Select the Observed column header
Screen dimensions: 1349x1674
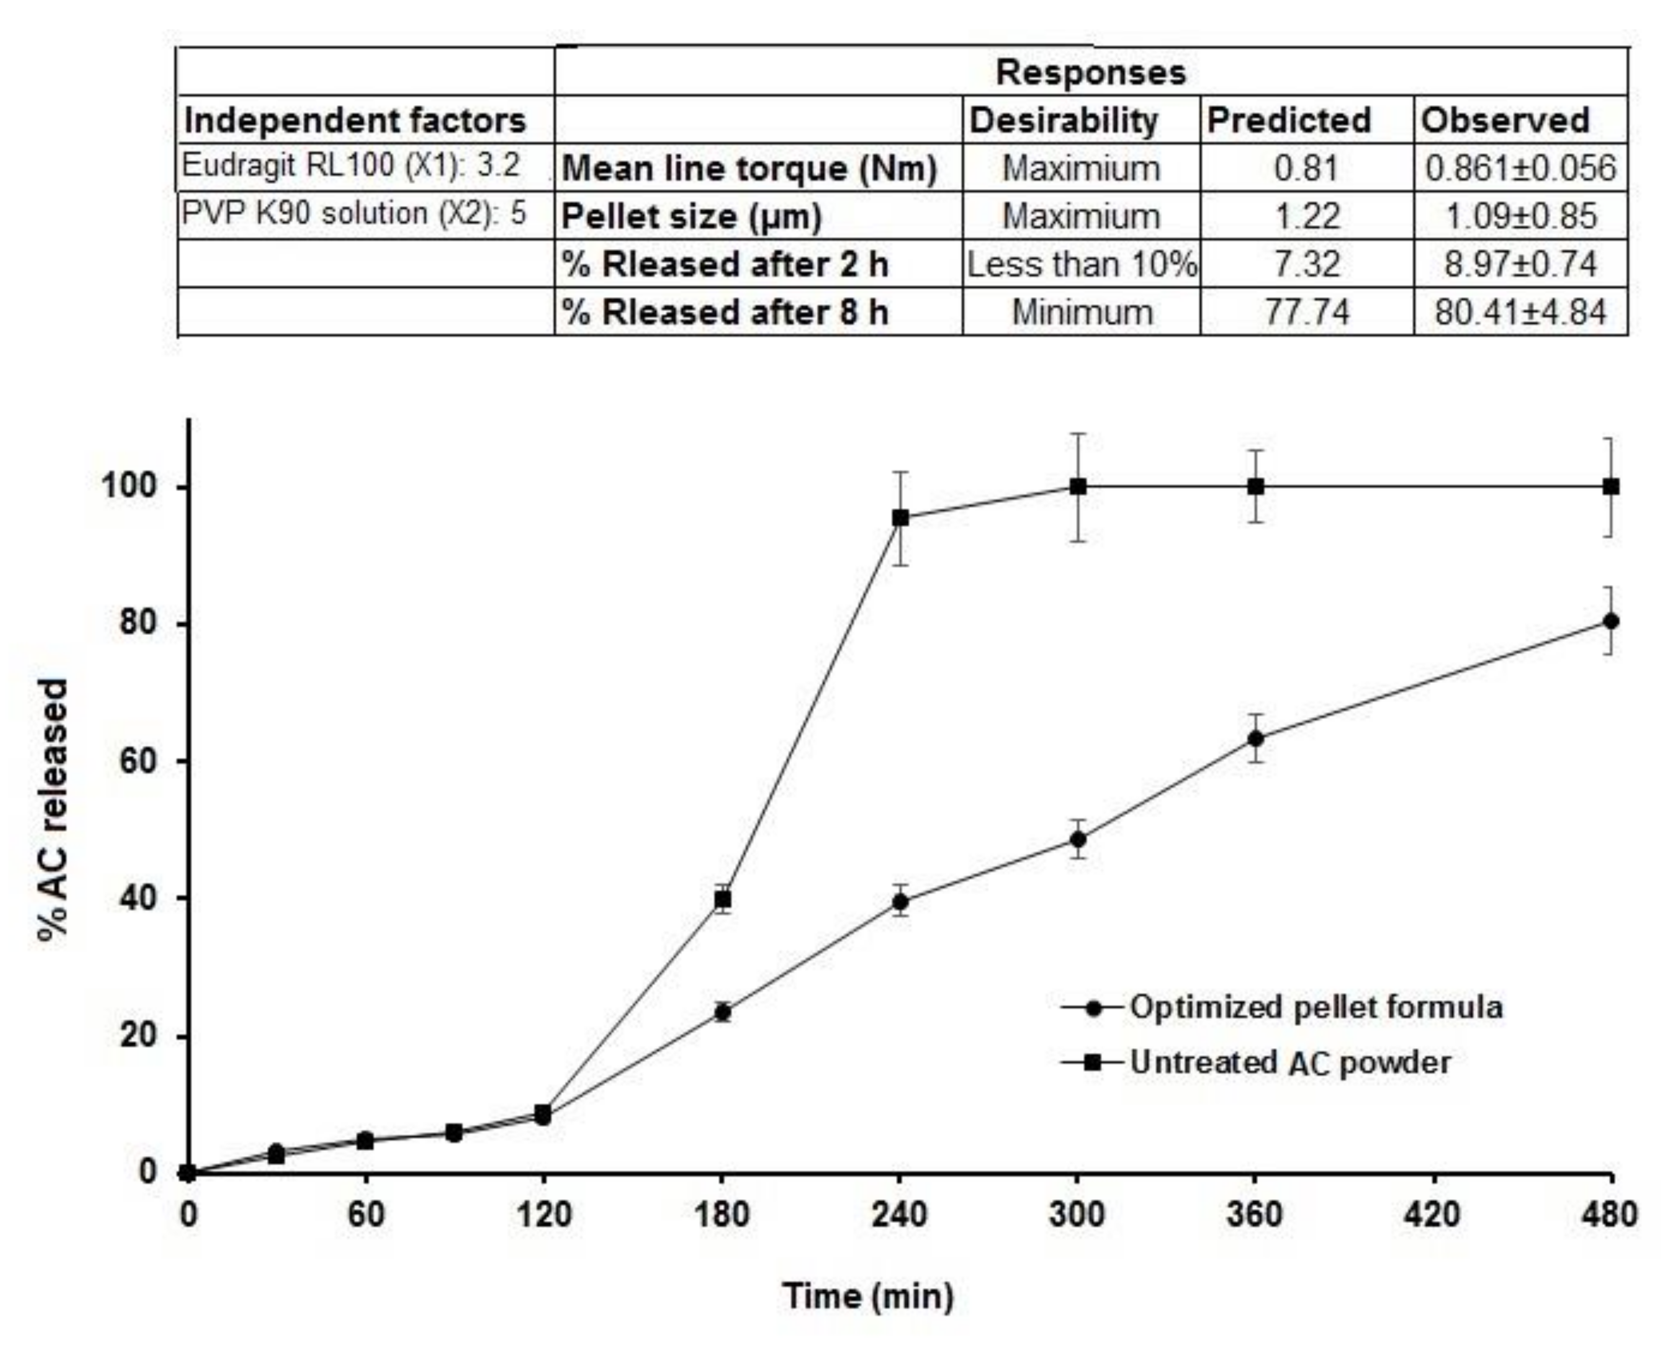point(1504,121)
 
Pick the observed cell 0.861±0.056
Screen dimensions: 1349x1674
point(1520,168)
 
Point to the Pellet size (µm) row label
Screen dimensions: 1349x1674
point(691,217)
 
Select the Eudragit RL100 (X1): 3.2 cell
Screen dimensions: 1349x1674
point(351,165)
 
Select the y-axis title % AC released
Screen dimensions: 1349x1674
point(54,810)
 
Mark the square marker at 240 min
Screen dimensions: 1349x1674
point(900,517)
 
